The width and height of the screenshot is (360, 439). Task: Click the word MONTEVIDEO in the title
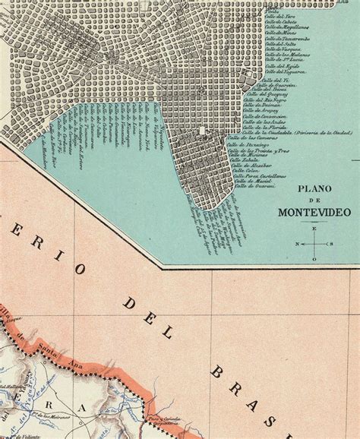(312, 212)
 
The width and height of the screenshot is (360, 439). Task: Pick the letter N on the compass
(297, 244)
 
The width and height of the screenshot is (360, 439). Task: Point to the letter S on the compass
(332, 244)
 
